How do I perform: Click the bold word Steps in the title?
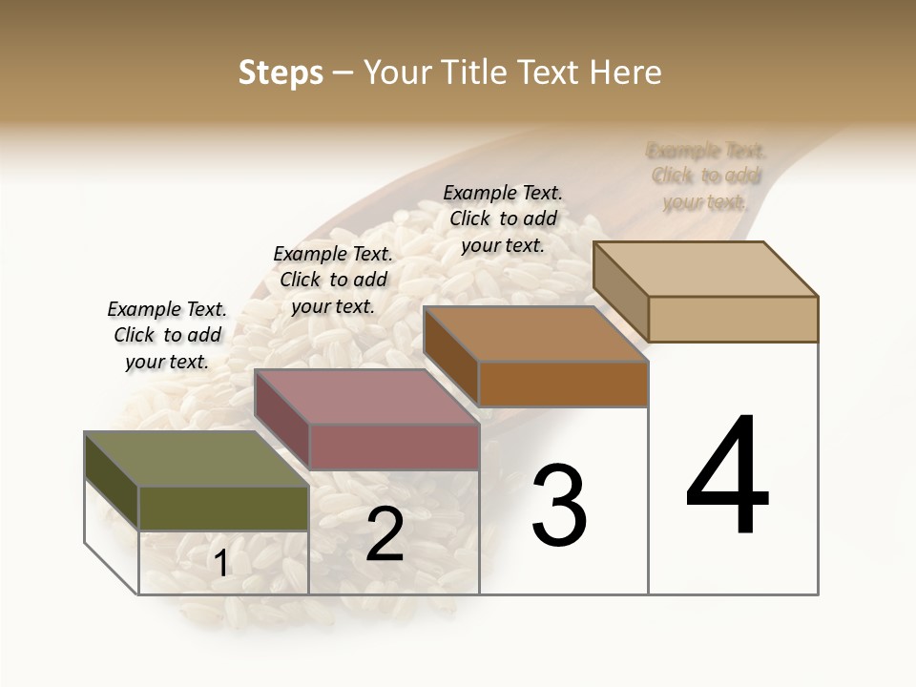(281, 73)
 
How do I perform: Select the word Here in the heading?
(626, 73)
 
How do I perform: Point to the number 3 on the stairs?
(559, 505)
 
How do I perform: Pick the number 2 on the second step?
(385, 534)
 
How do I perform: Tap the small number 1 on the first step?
(221, 564)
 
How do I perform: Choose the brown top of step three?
(535, 334)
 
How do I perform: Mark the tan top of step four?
(705, 268)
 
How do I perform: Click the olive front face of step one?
(223, 508)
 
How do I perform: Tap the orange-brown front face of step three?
(563, 385)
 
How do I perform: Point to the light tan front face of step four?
(733, 319)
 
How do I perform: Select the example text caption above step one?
(167, 335)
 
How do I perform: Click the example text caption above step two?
(333, 280)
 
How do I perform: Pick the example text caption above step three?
(503, 219)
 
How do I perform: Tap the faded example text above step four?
(706, 176)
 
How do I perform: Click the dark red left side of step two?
(282, 420)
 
